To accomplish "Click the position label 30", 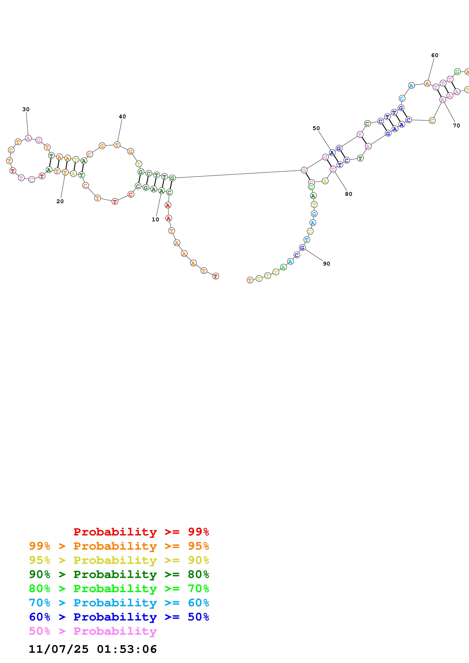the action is [26, 109].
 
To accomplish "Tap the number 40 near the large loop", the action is [122, 117].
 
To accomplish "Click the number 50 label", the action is [316, 128].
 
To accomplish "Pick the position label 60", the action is [435, 55].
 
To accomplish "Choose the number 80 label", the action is [348, 194].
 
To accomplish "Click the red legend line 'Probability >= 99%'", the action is [141, 532].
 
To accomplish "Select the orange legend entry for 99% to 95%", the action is [119, 546].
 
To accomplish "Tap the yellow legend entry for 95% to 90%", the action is [119, 560].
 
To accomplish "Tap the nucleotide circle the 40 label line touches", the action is [117, 145].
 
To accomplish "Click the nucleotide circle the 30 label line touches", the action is [28, 138].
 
